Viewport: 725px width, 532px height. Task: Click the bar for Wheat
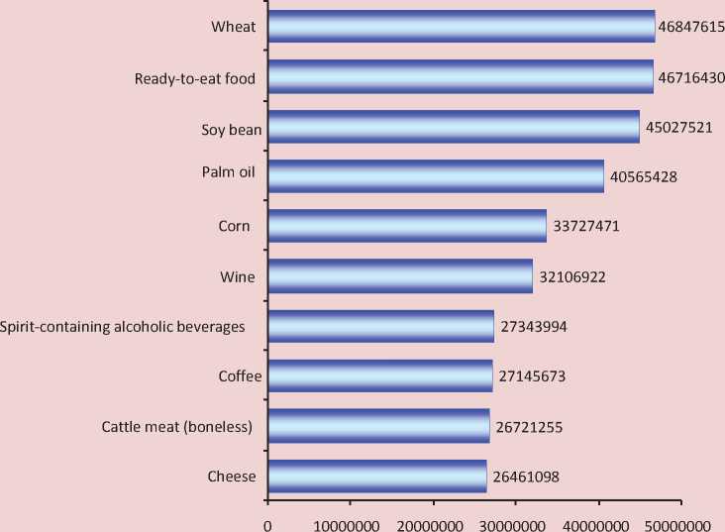461,27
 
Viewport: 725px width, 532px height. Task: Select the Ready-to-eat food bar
461,76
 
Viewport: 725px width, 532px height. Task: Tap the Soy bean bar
453,127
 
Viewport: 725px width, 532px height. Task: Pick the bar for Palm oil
435,176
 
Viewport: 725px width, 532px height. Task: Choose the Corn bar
406,226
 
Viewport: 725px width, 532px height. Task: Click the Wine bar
400,276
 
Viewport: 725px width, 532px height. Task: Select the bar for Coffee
379,376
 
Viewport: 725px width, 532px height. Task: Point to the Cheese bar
376,477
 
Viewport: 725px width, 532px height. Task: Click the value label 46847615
691,27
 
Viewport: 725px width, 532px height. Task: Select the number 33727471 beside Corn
585,227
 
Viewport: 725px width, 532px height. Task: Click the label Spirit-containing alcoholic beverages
123,327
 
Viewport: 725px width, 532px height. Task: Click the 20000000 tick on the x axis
433,521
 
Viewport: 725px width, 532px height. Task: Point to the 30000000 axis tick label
516,521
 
